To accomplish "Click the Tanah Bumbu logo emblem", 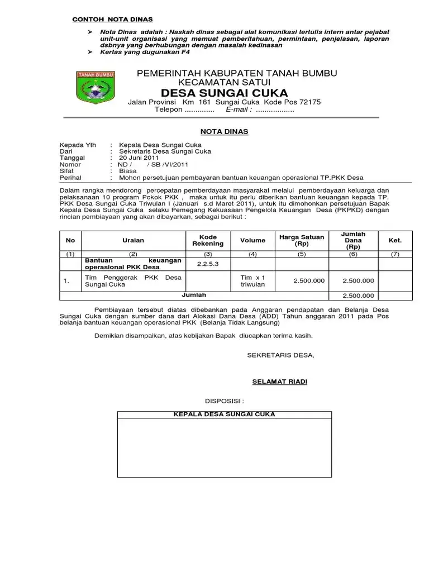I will click(96, 88).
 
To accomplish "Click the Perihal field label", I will click(70, 178).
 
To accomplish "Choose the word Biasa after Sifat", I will click(128, 171).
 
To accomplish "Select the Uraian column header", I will click(133, 240).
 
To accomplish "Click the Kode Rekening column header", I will click(208, 240).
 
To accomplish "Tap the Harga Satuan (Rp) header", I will click(302, 240).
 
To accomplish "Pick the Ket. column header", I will click(395, 240).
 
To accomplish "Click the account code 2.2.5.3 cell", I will click(208, 264).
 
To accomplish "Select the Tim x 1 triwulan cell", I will click(252, 280).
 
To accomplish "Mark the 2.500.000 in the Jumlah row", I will click(358, 296).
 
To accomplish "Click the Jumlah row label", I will click(194, 294).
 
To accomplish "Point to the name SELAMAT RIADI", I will click(280, 382).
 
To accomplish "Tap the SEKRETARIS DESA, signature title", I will click(280, 355).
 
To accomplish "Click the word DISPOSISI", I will click(225, 401).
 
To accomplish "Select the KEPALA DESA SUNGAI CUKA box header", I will click(224, 414).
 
